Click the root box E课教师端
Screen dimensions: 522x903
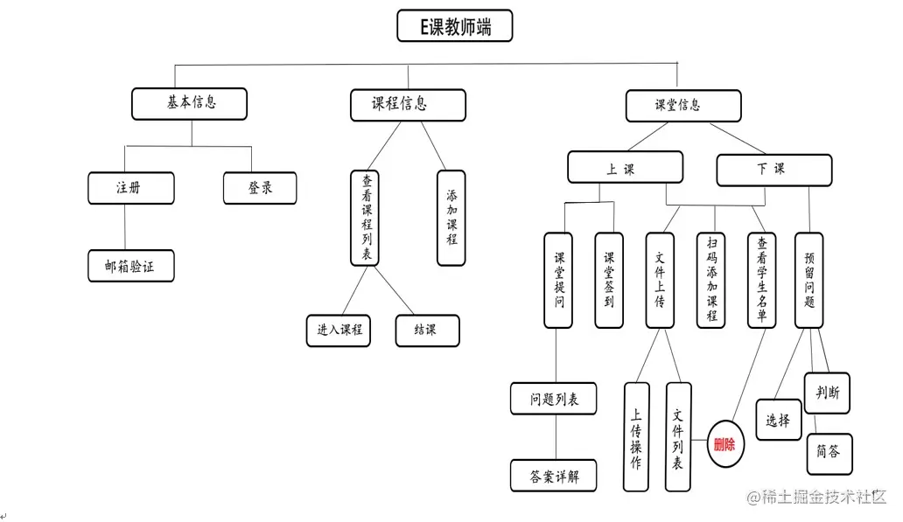454,26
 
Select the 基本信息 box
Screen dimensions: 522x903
189,103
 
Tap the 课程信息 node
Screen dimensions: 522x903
407,105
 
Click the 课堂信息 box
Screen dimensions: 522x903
682,105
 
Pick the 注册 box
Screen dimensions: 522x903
130,188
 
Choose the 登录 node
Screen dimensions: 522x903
260,188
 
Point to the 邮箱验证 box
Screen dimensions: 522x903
130,267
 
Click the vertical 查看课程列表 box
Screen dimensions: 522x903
366,217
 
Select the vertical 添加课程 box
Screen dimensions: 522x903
451,217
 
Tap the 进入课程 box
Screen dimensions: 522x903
339,331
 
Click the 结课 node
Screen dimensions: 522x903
426,331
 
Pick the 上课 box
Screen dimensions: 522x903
624,168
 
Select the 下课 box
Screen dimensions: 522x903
773,171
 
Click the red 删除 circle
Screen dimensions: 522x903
724,444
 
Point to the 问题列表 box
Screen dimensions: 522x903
553,400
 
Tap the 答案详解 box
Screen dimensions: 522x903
553,477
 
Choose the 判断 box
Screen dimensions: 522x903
827,393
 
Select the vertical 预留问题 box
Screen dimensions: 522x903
808,280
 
